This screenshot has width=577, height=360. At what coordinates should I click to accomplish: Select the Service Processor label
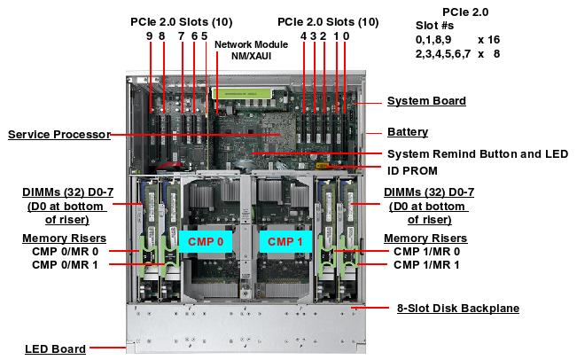58,135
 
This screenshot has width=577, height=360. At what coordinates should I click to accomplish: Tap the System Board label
426,101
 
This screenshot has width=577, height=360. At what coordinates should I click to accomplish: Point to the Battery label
408,132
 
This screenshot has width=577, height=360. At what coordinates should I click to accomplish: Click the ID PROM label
412,170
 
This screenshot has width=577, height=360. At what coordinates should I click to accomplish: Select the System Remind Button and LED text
478,153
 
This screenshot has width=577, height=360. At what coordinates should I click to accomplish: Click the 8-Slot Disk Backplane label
456,309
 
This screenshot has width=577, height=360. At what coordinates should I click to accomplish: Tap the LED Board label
55,348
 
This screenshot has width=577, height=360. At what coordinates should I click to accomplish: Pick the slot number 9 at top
150,36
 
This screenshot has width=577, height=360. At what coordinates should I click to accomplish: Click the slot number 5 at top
205,36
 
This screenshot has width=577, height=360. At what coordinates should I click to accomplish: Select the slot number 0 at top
346,36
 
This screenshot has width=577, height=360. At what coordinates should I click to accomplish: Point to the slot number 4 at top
303,36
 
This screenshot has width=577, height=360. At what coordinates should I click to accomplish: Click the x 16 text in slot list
488,40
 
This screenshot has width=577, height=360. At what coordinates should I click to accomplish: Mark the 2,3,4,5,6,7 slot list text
443,53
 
